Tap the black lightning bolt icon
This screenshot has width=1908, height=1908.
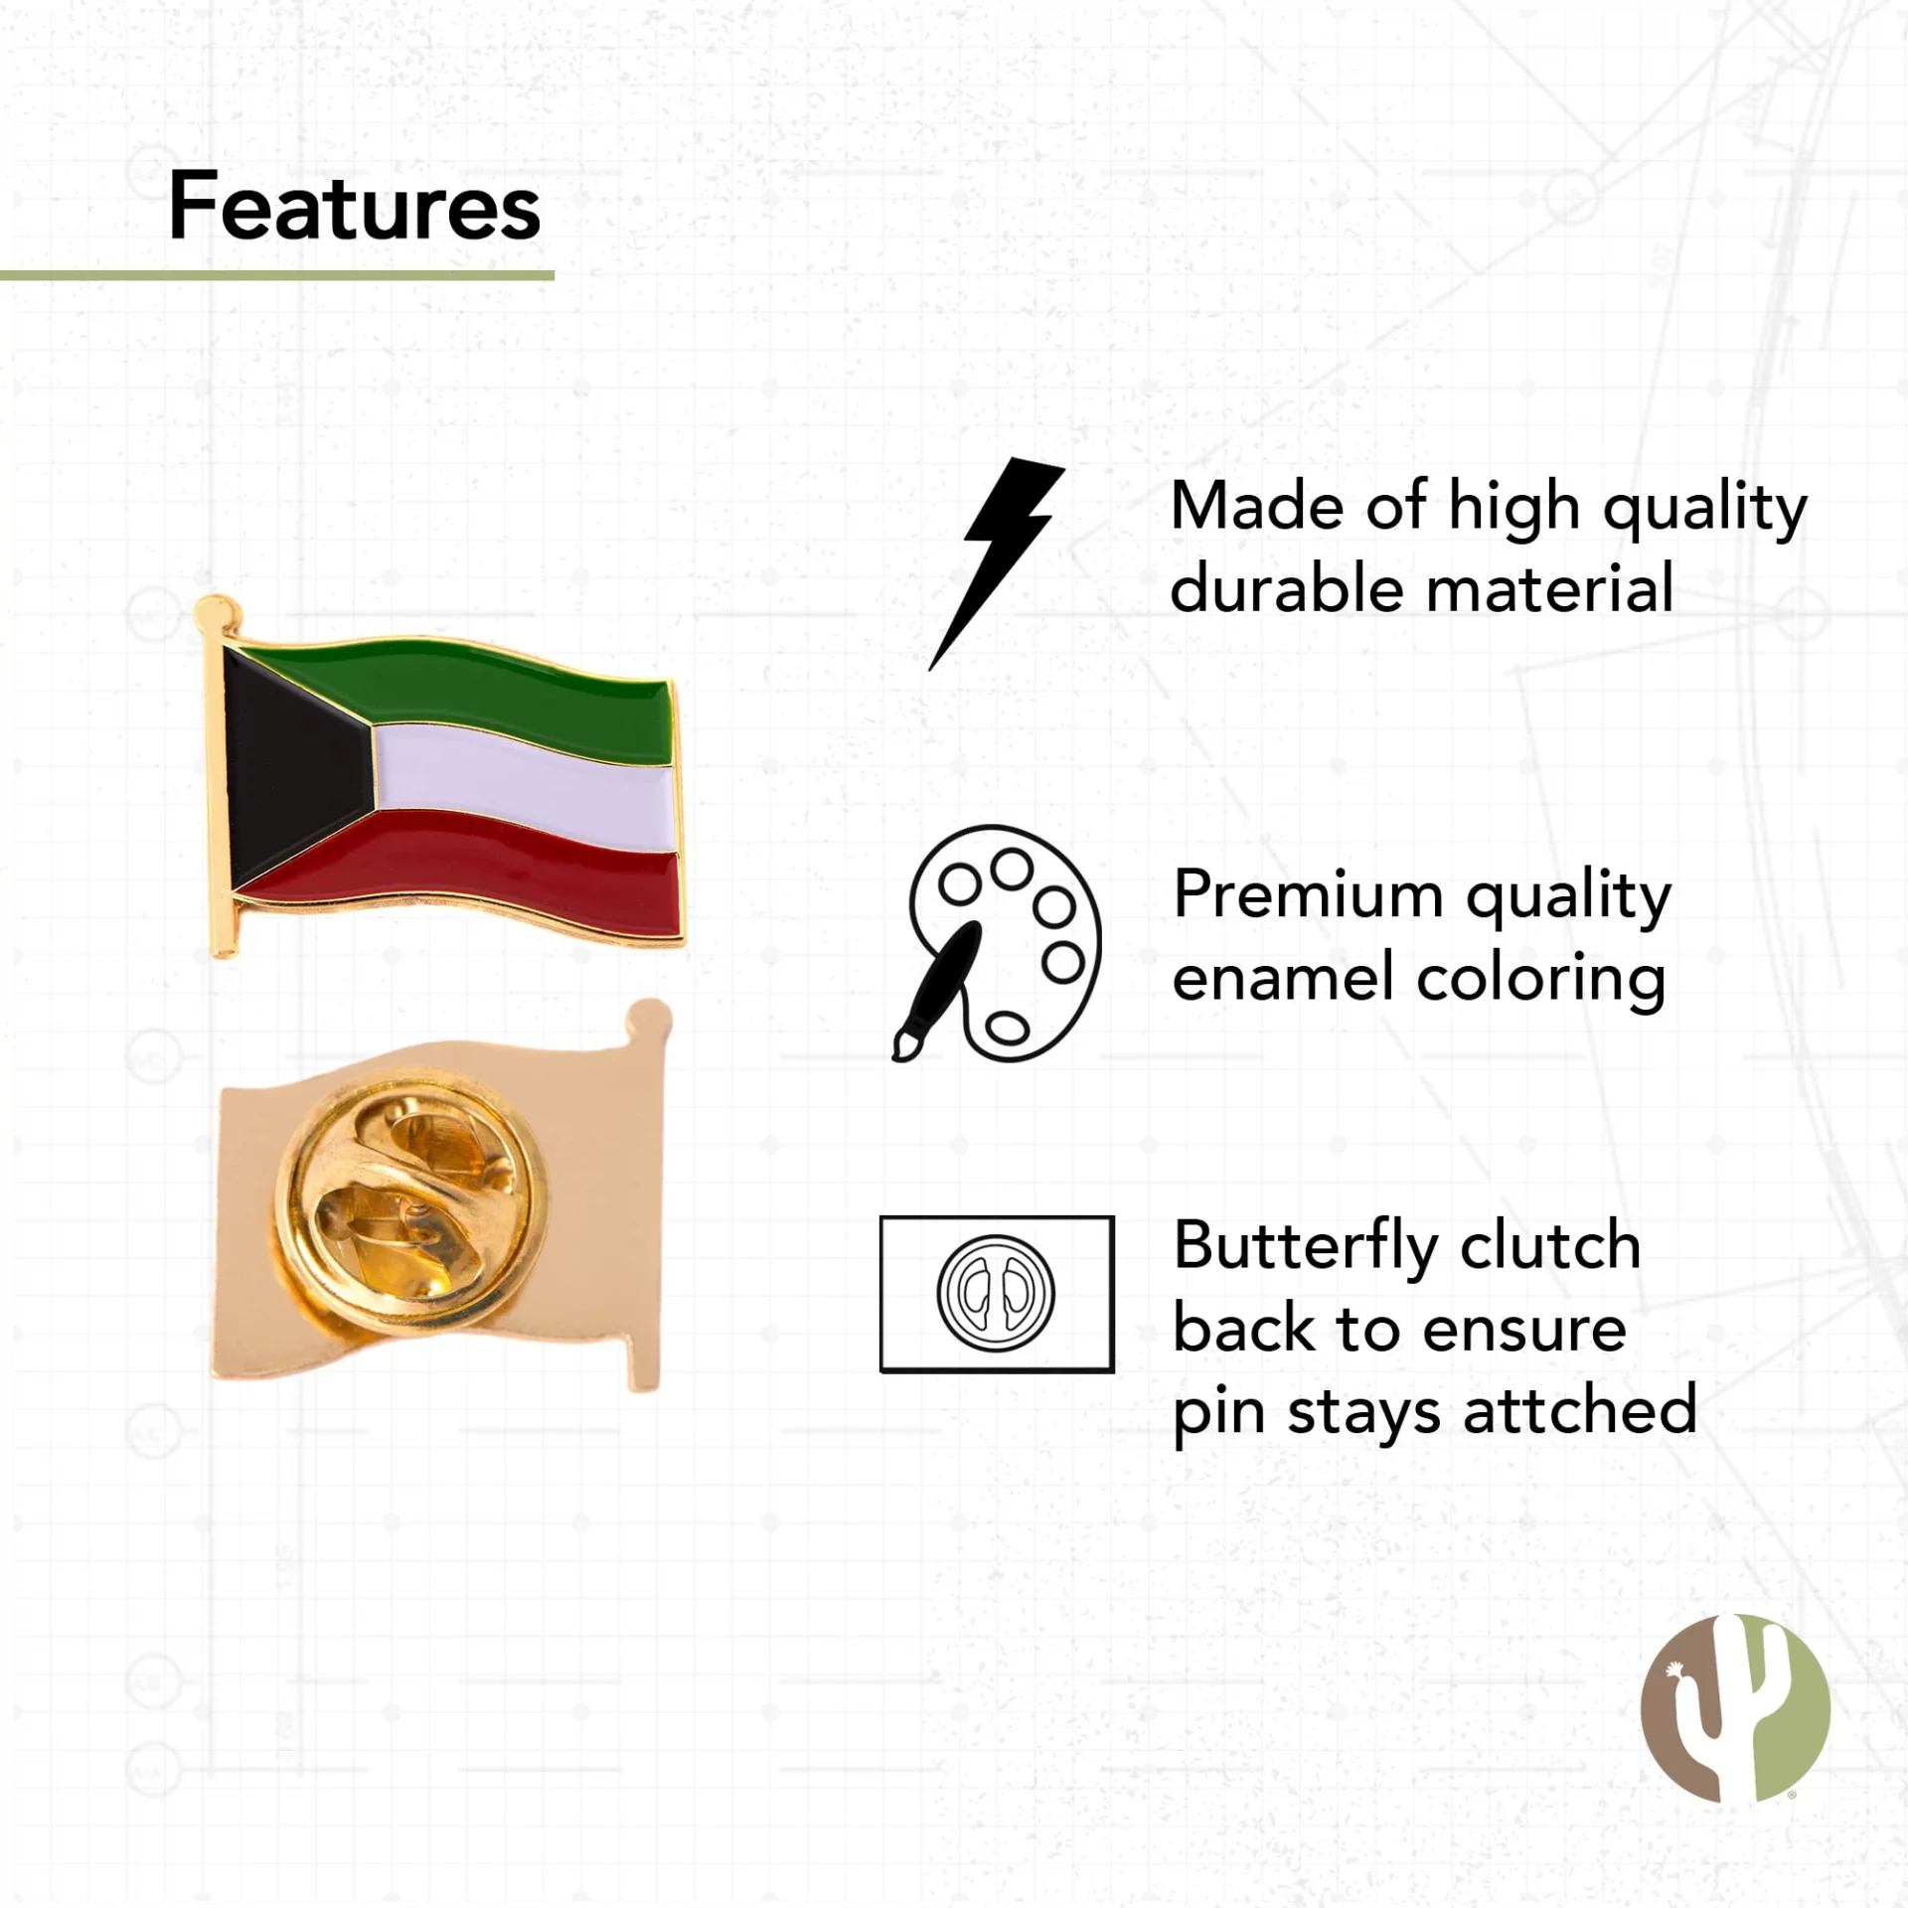tap(997, 563)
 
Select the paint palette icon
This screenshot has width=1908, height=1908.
tap(998, 943)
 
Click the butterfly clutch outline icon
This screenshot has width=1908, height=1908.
tap(997, 1294)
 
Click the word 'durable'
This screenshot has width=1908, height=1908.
tap(1287, 587)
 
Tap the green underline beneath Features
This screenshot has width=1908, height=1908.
tap(277, 275)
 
